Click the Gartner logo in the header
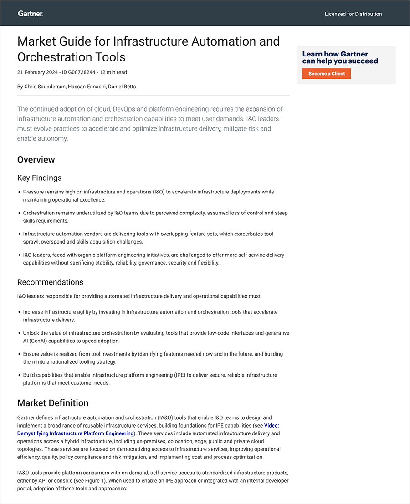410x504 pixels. (x=31, y=14)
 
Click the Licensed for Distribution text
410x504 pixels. (x=353, y=14)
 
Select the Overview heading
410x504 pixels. (x=36, y=159)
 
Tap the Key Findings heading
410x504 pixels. (x=39, y=178)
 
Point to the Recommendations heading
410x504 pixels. (x=50, y=282)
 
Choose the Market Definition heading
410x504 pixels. (x=53, y=403)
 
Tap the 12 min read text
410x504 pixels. (x=113, y=72)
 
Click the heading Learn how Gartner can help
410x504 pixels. (x=340, y=57)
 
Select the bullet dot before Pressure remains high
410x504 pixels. (x=19, y=192)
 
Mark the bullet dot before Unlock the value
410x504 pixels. (x=19, y=333)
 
